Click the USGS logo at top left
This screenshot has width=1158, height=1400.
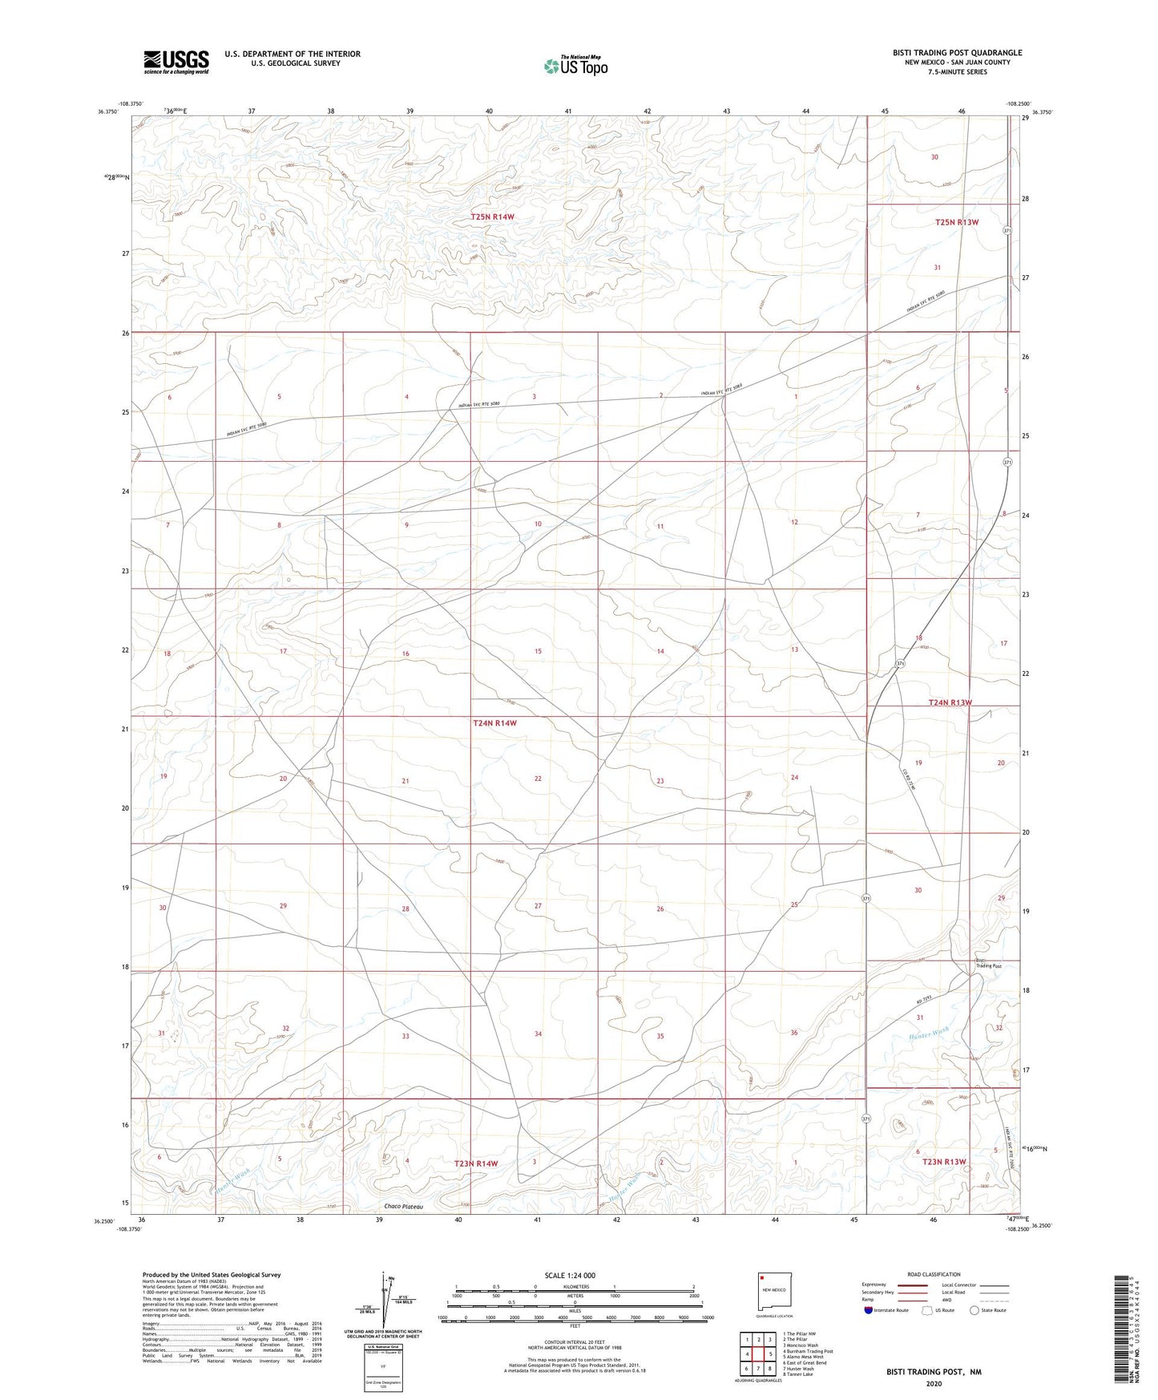pyautogui.click(x=176, y=61)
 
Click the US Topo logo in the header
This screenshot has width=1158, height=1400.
pyautogui.click(x=575, y=66)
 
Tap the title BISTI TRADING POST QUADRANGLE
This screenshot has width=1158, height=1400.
pyautogui.click(x=957, y=53)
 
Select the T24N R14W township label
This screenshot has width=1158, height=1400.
pyautogui.click(x=494, y=722)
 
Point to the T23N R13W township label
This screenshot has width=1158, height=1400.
pyautogui.click(x=944, y=1161)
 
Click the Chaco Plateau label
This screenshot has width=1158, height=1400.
pyautogui.click(x=403, y=1206)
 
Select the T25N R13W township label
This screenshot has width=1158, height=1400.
pyautogui.click(x=957, y=222)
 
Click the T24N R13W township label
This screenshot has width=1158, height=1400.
pyautogui.click(x=950, y=702)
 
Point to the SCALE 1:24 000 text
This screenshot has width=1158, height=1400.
pyautogui.click(x=569, y=1276)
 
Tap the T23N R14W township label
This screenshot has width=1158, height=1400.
pyautogui.click(x=476, y=1163)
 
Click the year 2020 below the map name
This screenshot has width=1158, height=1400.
pyautogui.click(x=933, y=1384)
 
